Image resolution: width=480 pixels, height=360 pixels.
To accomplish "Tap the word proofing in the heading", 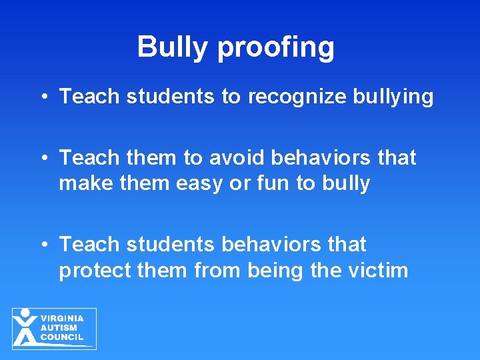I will click(276, 48).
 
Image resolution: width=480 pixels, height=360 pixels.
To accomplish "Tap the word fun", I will click(271, 183).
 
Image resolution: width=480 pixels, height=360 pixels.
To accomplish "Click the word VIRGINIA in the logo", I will click(63, 319).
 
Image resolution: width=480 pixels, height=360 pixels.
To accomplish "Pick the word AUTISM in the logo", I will click(59, 328).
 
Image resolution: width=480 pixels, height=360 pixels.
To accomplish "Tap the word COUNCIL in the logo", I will click(62, 337).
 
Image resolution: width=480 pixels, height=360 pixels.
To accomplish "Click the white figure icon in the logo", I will click(25, 327).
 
